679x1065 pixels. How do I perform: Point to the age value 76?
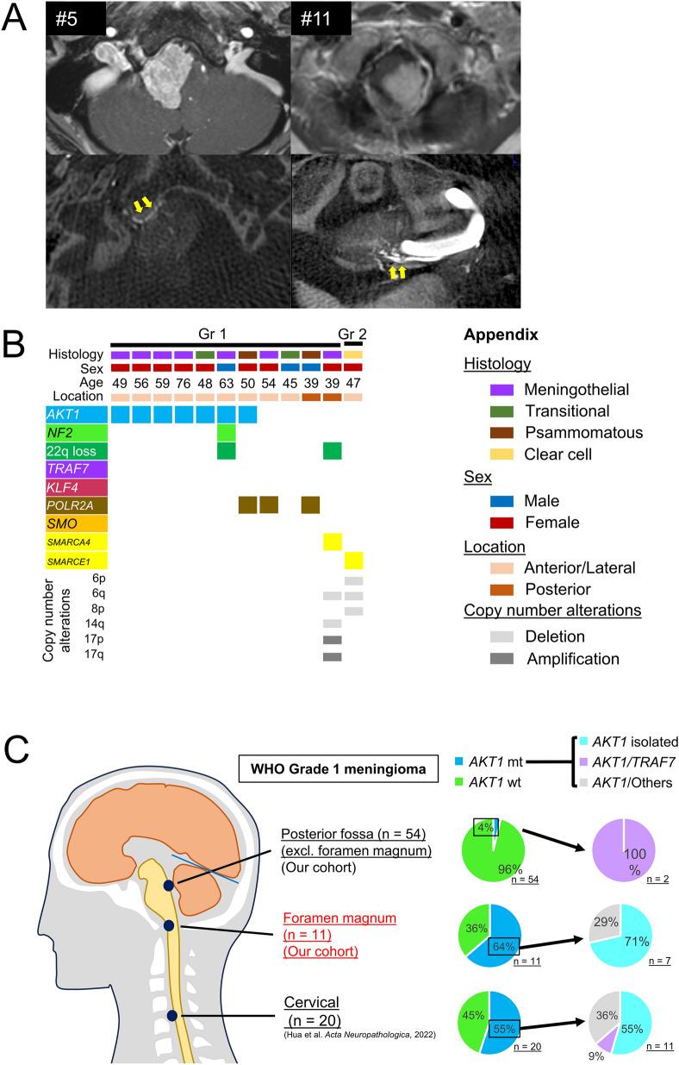[184, 382]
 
